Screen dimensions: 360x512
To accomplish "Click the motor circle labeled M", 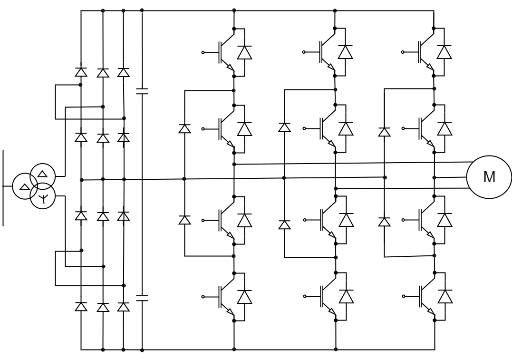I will click(489, 177).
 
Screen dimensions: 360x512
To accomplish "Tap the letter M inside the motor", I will click(489, 177).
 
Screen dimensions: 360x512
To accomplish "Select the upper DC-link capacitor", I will click(142, 90).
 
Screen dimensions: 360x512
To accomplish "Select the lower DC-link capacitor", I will click(142, 298).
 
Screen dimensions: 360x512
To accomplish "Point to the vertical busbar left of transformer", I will click(3, 187).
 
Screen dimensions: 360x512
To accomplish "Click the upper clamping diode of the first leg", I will click(184, 128).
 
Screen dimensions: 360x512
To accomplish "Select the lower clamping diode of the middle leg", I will click(284, 224).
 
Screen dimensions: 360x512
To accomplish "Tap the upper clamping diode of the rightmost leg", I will click(384, 132).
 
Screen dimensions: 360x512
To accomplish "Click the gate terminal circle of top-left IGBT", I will click(203, 52).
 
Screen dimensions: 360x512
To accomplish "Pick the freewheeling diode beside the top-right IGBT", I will click(445, 52).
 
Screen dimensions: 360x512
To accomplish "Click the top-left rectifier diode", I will click(81, 72).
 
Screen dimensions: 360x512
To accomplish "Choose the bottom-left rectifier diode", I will click(81, 307).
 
